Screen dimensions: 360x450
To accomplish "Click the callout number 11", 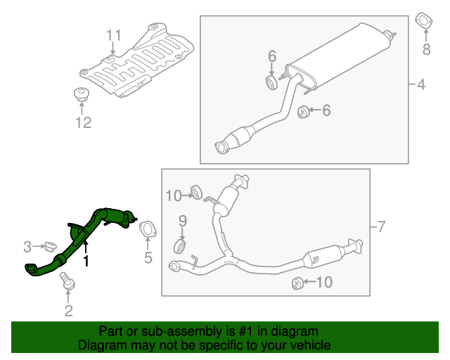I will click(114, 35).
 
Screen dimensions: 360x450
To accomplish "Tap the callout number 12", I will click(84, 123).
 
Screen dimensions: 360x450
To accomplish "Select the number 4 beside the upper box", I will click(420, 85).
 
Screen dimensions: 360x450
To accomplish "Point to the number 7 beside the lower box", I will click(381, 226).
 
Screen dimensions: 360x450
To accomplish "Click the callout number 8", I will click(425, 49).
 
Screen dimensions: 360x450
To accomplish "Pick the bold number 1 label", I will click(86, 260).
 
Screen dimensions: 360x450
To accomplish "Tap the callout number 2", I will click(68, 311).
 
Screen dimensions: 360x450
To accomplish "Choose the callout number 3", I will click(27, 247).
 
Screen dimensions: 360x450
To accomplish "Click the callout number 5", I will click(148, 258).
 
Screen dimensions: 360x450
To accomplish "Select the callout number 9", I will click(182, 221).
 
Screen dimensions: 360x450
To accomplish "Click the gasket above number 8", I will click(424, 20).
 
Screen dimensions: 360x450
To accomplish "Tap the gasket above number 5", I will click(148, 230).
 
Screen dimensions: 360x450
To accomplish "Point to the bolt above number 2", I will click(67, 281).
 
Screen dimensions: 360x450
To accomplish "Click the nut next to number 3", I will click(49, 247).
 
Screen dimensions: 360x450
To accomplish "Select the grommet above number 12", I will click(82, 95).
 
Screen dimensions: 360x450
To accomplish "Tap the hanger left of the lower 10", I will click(297, 283).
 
